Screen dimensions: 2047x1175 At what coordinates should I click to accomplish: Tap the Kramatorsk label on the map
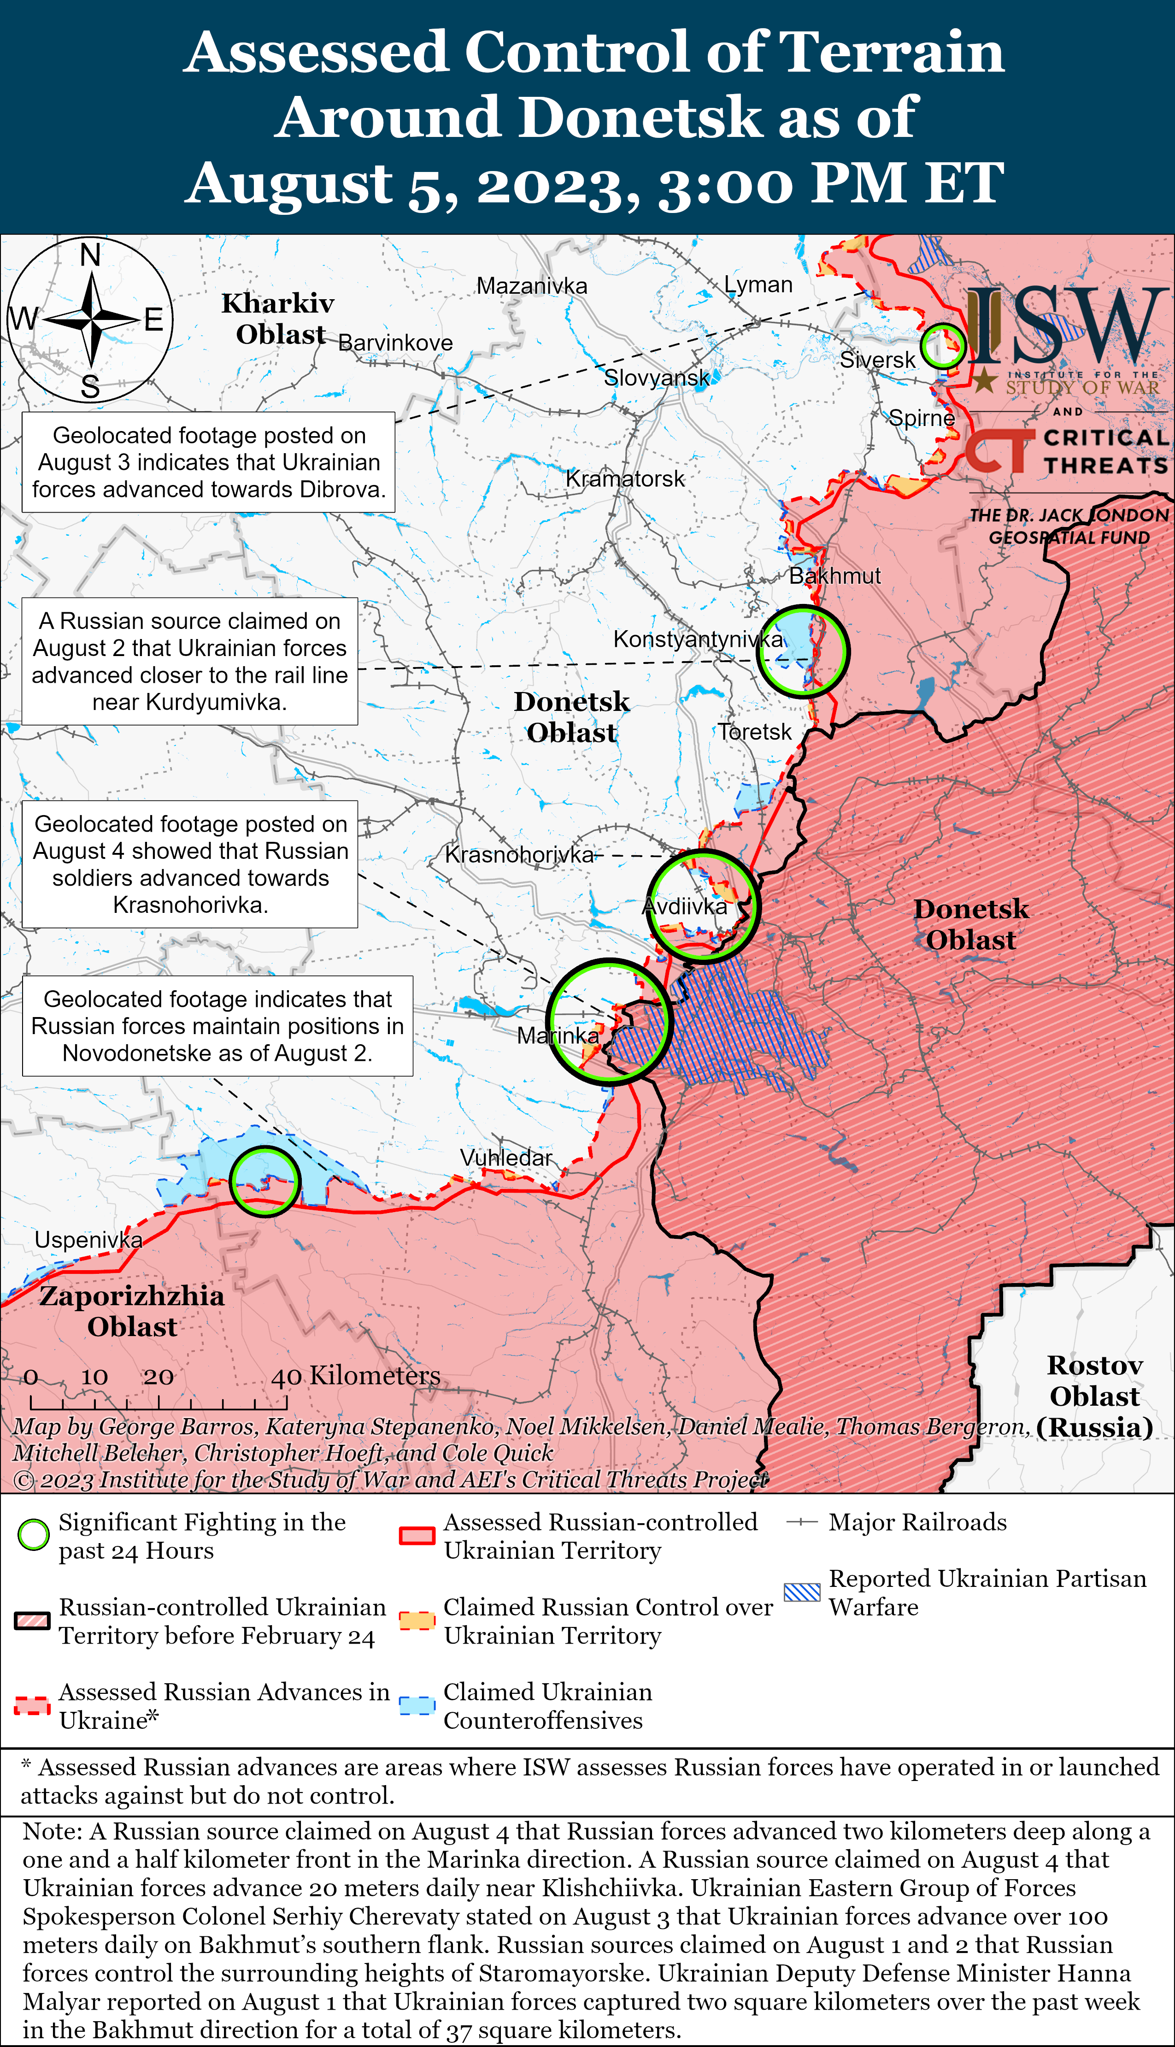[x=625, y=479]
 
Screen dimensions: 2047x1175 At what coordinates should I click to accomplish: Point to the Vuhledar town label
[x=506, y=1158]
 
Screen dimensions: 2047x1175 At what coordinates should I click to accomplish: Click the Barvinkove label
[x=395, y=343]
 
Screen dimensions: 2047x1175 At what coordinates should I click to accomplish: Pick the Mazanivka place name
[x=532, y=286]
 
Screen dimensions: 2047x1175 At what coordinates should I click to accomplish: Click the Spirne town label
[x=922, y=418]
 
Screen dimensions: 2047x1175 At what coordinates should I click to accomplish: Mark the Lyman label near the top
[x=758, y=284]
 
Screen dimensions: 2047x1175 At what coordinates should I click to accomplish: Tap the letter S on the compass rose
[x=90, y=387]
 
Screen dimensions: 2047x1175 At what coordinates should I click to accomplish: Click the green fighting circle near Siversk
[x=943, y=346]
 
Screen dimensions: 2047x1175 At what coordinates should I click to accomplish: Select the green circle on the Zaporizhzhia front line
[x=264, y=1181]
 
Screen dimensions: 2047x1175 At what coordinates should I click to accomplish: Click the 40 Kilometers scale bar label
[x=355, y=1375]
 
